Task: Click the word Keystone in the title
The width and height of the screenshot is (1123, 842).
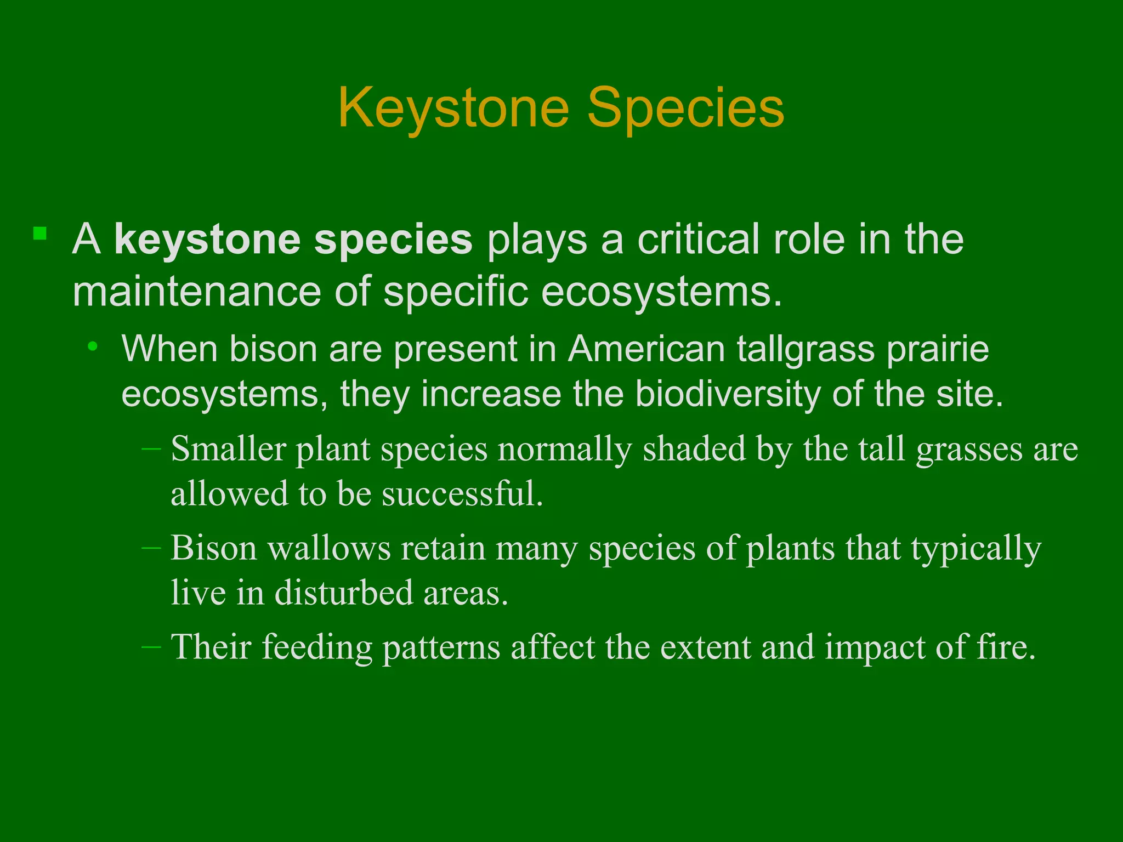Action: click(x=454, y=109)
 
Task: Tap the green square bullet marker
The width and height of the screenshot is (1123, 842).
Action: click(x=39, y=234)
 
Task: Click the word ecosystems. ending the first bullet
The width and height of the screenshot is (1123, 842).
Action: click(x=661, y=292)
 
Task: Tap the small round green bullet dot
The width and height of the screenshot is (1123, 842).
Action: click(x=93, y=346)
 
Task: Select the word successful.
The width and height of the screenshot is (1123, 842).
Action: click(x=462, y=493)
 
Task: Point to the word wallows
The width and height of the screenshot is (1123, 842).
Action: click(x=330, y=548)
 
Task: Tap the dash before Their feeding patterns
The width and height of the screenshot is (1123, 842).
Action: click(x=151, y=647)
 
